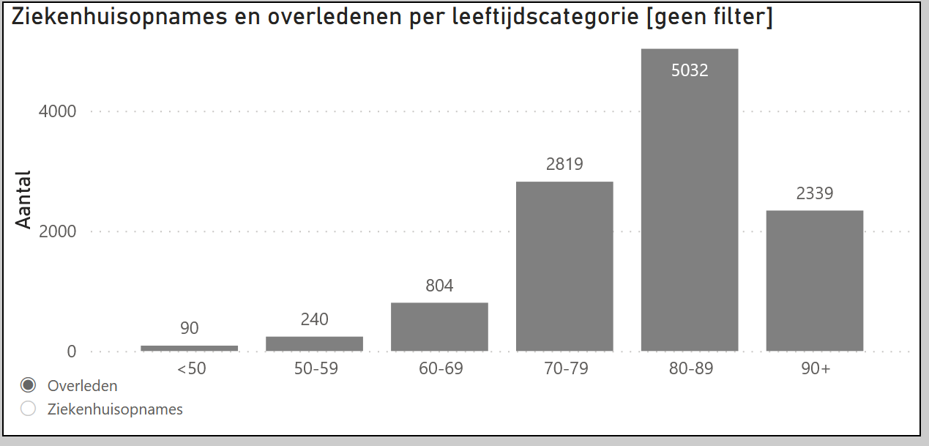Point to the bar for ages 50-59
[x=314, y=343]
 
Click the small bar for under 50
[x=189, y=348]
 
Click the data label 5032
[x=689, y=70]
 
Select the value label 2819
[x=564, y=164]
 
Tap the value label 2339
[x=814, y=193]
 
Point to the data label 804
[x=439, y=286]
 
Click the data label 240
[x=314, y=319]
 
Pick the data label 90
[x=189, y=328]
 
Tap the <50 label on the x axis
[x=191, y=369]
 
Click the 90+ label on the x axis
[x=815, y=369]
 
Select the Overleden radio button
[x=29, y=385]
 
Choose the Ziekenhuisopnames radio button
[x=29, y=409]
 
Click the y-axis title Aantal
[x=24, y=200]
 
